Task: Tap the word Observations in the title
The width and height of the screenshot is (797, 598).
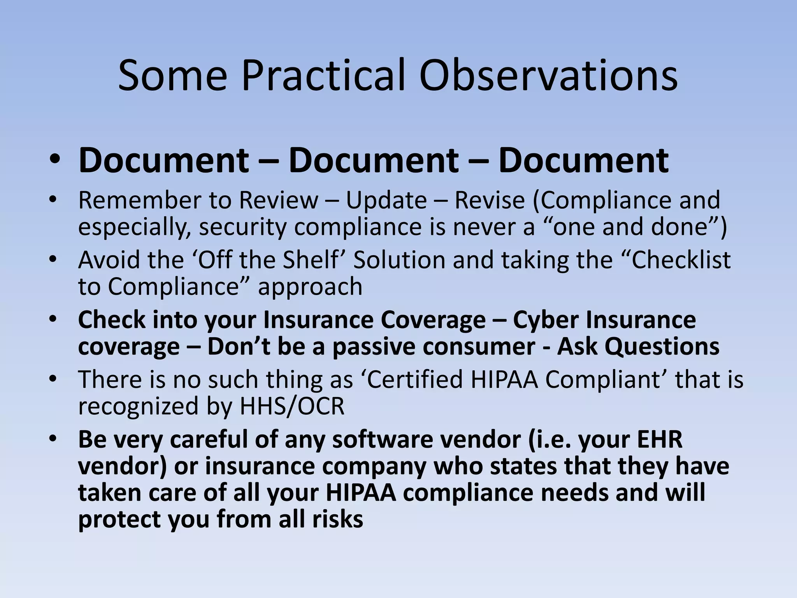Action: pyautogui.click(x=548, y=76)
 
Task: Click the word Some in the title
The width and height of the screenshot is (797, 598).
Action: pyautogui.click(x=172, y=76)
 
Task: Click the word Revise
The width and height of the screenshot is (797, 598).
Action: pyautogui.click(x=490, y=201)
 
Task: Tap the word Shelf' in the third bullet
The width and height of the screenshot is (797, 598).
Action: pyautogui.click(x=311, y=260)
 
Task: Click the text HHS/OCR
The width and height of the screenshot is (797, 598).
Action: pyautogui.click(x=292, y=406)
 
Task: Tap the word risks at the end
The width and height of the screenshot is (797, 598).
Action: pyautogui.click(x=340, y=519)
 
